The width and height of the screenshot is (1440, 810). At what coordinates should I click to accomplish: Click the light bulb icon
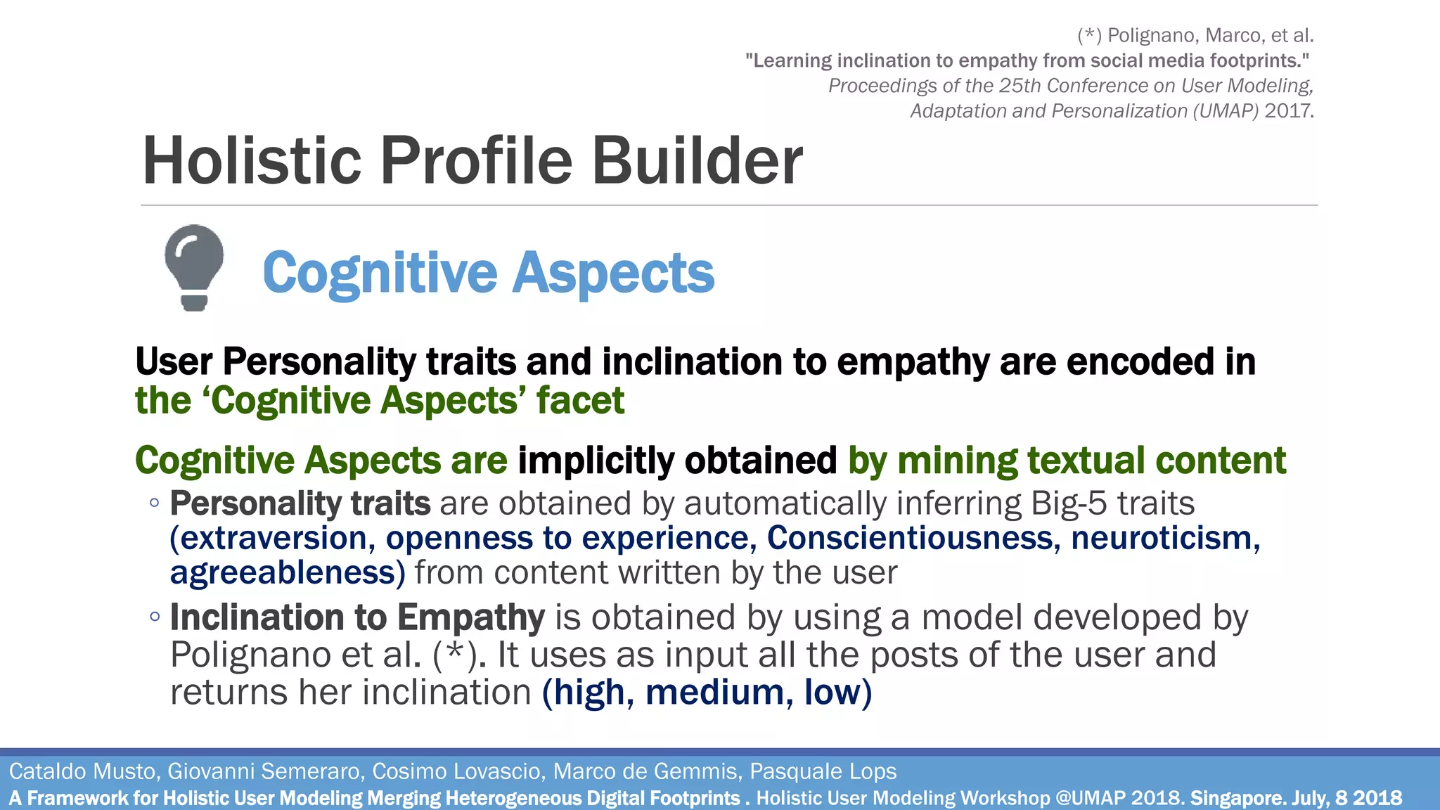click(194, 267)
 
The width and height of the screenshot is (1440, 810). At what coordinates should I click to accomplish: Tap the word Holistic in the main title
click(252, 161)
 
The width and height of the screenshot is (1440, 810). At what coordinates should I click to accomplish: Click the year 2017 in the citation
click(1287, 111)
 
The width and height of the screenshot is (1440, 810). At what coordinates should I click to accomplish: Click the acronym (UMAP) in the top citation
click(1225, 111)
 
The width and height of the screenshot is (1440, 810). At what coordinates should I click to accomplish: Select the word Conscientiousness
click(913, 539)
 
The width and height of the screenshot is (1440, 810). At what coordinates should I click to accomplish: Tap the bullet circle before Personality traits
click(155, 503)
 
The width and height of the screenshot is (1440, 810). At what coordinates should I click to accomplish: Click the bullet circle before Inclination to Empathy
click(155, 617)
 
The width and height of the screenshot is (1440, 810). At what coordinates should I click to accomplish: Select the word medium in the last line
click(714, 693)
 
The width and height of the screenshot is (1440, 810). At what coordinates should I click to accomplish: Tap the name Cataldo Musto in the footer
click(82, 771)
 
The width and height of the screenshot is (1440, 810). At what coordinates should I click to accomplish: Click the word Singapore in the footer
click(1237, 799)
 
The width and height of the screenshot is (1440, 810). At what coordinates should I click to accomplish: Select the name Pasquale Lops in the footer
click(823, 771)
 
